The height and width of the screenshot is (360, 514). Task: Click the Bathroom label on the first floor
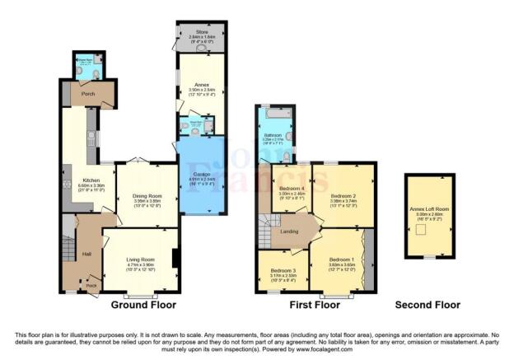(273, 134)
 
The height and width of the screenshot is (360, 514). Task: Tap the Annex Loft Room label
(428, 208)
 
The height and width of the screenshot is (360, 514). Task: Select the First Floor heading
(315, 304)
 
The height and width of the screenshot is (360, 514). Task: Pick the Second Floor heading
(428, 304)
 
